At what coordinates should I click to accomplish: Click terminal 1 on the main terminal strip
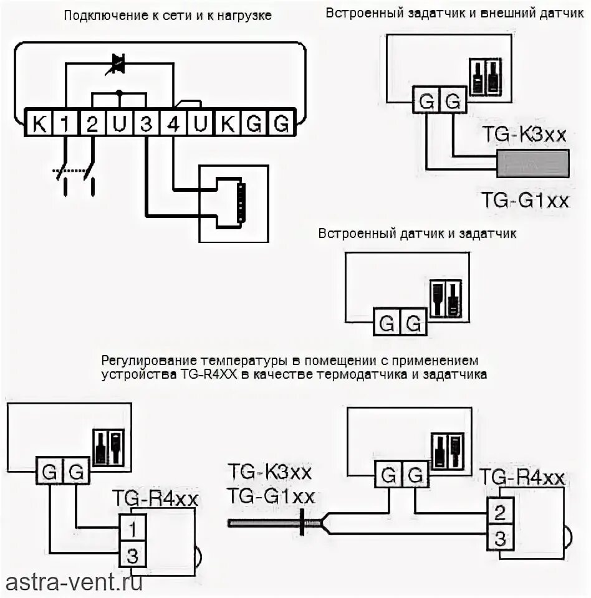(x=65, y=125)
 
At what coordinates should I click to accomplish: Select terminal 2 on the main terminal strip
(x=92, y=125)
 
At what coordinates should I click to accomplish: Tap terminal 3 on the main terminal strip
(x=146, y=125)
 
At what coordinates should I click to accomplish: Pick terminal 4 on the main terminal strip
(x=173, y=125)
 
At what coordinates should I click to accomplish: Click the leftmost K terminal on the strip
(x=39, y=125)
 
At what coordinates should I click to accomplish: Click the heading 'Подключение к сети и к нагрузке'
(x=168, y=16)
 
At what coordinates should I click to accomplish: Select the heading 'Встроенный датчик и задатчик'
(x=417, y=234)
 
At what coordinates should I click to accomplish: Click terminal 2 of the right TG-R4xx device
(x=499, y=513)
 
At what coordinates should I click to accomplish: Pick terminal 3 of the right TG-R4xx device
(x=499, y=536)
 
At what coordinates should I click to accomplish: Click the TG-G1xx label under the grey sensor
(x=526, y=200)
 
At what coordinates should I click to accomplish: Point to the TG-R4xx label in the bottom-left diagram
(x=155, y=499)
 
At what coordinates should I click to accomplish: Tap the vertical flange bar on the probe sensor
(x=303, y=522)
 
